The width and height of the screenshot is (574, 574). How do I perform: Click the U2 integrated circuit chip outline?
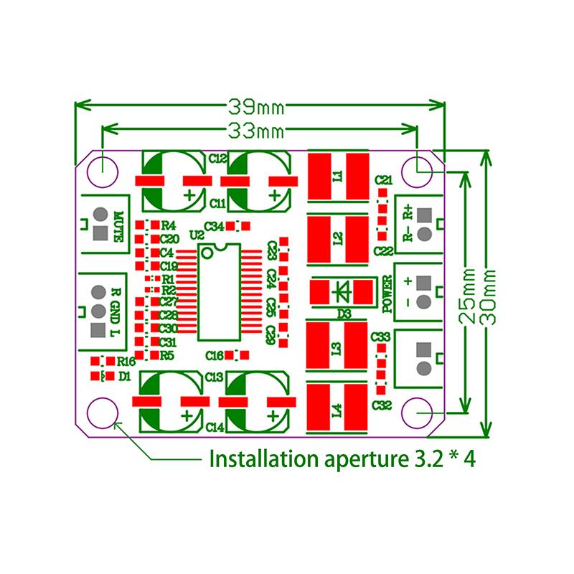click(219, 291)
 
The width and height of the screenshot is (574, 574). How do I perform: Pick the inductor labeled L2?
click(338, 237)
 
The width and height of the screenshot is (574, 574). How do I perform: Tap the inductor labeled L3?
click(338, 349)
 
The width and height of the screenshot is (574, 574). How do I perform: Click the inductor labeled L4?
click(338, 410)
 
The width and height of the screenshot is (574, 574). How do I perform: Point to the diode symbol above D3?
click(342, 292)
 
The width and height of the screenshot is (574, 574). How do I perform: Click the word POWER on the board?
click(387, 294)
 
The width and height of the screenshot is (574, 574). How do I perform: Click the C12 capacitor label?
click(217, 157)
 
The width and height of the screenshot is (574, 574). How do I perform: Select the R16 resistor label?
click(126, 361)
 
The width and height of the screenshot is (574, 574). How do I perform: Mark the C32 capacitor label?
click(382, 405)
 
